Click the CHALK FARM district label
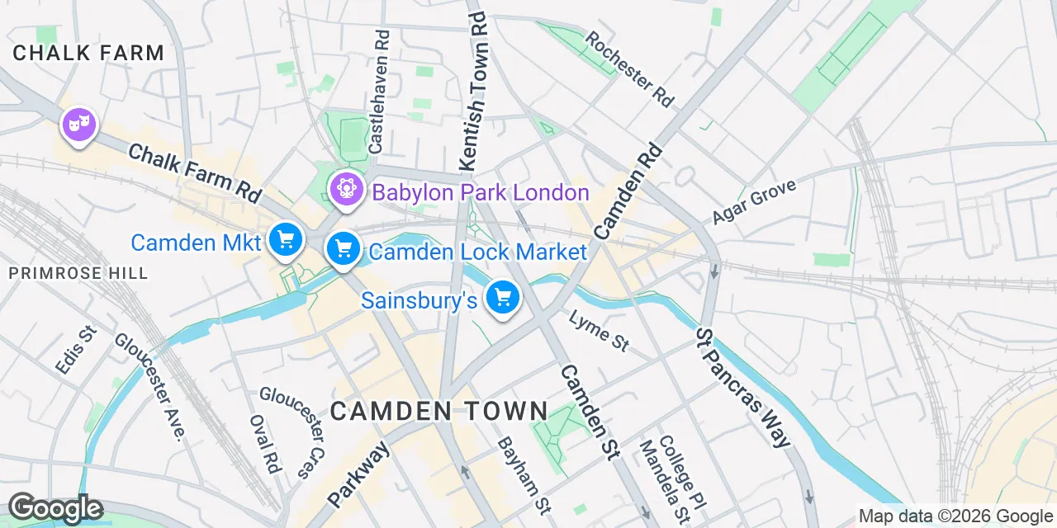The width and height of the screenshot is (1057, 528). [88, 54]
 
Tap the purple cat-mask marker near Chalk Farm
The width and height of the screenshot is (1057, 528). [79, 126]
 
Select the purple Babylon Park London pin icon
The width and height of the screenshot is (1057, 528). [346, 189]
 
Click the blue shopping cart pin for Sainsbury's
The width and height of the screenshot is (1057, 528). [502, 297]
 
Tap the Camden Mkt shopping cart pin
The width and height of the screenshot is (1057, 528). [286, 240]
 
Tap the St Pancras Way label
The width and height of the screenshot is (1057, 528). [742, 388]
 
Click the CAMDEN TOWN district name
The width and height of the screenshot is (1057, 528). [439, 410]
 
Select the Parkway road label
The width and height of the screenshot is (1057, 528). [358, 475]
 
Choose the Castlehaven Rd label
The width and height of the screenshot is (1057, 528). [380, 92]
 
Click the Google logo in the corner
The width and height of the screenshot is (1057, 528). [55, 508]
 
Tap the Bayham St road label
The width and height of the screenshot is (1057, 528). [524, 474]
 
